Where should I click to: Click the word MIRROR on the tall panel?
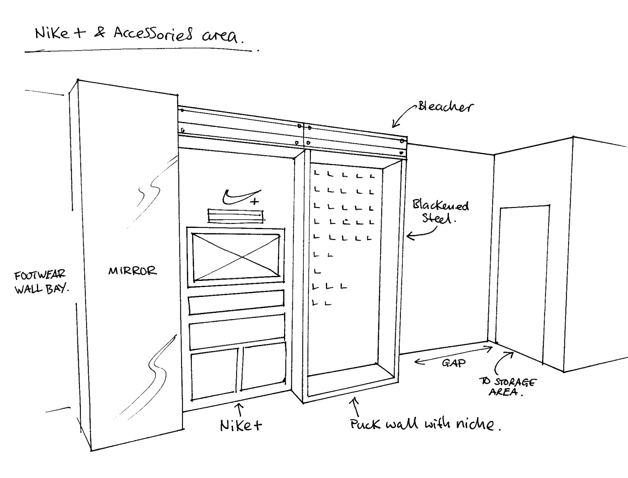(132, 271)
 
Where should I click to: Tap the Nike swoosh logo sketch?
(240, 197)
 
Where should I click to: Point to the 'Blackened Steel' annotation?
(440, 211)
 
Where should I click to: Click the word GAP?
(454, 363)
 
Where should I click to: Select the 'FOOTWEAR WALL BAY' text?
(41, 282)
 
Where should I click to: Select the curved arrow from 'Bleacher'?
(403, 115)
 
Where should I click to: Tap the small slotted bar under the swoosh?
(236, 216)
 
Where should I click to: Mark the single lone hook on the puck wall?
(317, 272)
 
